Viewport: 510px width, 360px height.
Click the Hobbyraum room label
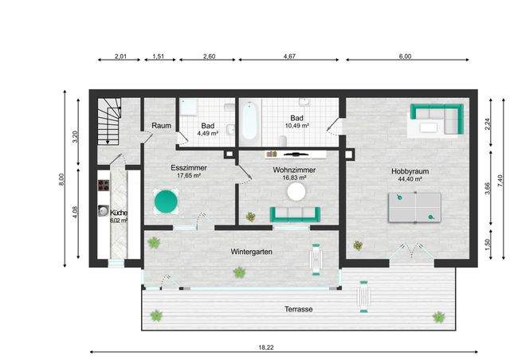[410, 171]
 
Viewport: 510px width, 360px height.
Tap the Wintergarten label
[252, 252]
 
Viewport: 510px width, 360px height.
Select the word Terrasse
[299, 309]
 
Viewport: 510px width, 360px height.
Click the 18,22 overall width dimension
[266, 347]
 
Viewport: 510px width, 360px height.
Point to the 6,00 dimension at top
[405, 57]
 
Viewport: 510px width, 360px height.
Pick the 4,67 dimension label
[289, 57]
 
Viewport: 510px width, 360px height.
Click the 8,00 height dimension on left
[61, 179]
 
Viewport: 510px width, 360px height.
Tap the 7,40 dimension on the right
[500, 181]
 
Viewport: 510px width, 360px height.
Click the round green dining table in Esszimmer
[166, 202]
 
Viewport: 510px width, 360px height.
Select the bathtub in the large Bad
[249, 120]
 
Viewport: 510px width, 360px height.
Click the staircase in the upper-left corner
[109, 121]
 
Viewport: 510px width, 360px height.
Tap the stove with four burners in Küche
[104, 186]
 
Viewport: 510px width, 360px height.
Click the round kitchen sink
[104, 211]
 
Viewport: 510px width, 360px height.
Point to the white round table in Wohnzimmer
[296, 192]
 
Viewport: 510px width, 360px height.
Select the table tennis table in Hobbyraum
[414, 208]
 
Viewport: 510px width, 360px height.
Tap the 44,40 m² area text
[410, 179]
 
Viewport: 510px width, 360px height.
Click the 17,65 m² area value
[189, 175]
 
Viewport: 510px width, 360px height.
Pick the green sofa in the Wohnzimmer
[295, 214]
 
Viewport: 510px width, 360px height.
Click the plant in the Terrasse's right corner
[439, 317]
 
